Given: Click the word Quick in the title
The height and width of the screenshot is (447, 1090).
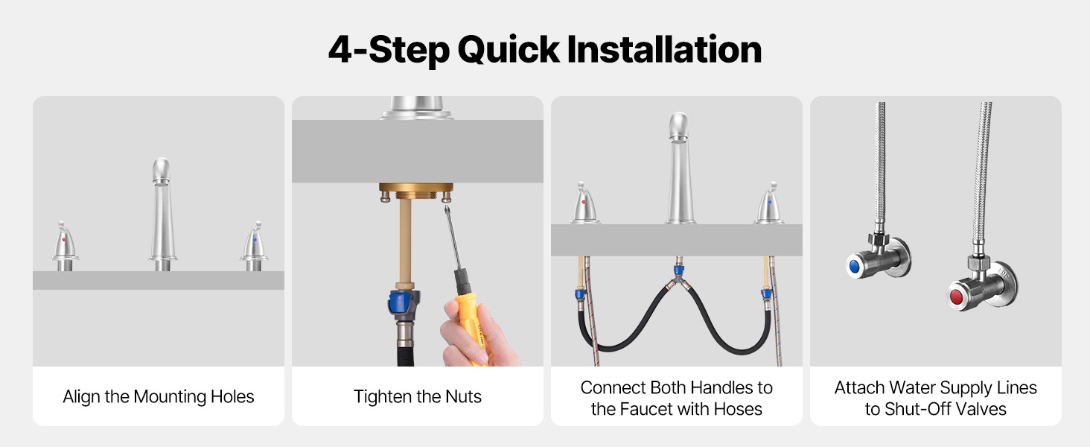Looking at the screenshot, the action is [x=509, y=50].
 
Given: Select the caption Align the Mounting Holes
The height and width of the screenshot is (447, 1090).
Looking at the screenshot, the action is [x=158, y=397].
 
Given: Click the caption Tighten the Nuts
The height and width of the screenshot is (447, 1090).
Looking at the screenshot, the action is [x=418, y=397].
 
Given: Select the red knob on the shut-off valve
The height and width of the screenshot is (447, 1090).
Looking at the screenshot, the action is [x=956, y=297].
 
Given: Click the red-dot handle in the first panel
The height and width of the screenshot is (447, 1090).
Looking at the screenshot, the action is [x=64, y=247].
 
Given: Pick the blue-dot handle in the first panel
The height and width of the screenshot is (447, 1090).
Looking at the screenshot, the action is [x=254, y=247].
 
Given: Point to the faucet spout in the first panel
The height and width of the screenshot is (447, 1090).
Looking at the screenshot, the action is [x=162, y=215].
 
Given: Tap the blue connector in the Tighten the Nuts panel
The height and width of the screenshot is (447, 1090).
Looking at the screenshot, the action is [x=403, y=303].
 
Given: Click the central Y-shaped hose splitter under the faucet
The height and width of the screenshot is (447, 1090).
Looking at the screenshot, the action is [x=679, y=279].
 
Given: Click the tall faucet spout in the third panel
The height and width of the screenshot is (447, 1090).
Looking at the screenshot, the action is [x=679, y=168].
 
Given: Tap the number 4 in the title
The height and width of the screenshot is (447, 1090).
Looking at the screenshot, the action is [x=340, y=50].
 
